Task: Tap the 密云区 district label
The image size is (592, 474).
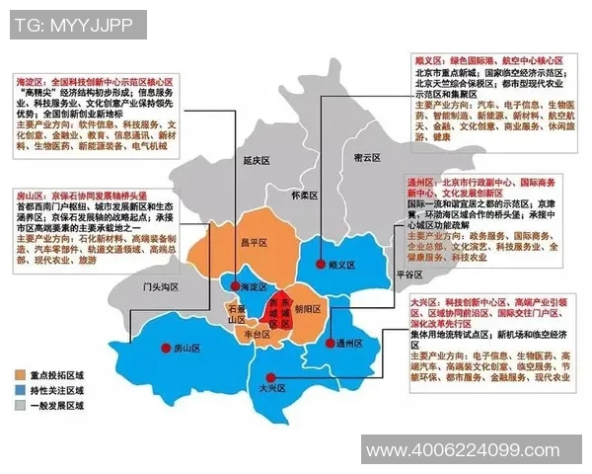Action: [x=366, y=158]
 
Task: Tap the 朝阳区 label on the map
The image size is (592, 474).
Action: [x=308, y=308]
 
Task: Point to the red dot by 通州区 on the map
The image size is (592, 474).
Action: [x=331, y=343]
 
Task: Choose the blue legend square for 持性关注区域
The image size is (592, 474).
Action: [x=20, y=390]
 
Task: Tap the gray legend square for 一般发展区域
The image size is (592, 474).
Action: [x=20, y=405]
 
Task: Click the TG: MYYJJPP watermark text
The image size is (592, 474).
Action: [x=75, y=24]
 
